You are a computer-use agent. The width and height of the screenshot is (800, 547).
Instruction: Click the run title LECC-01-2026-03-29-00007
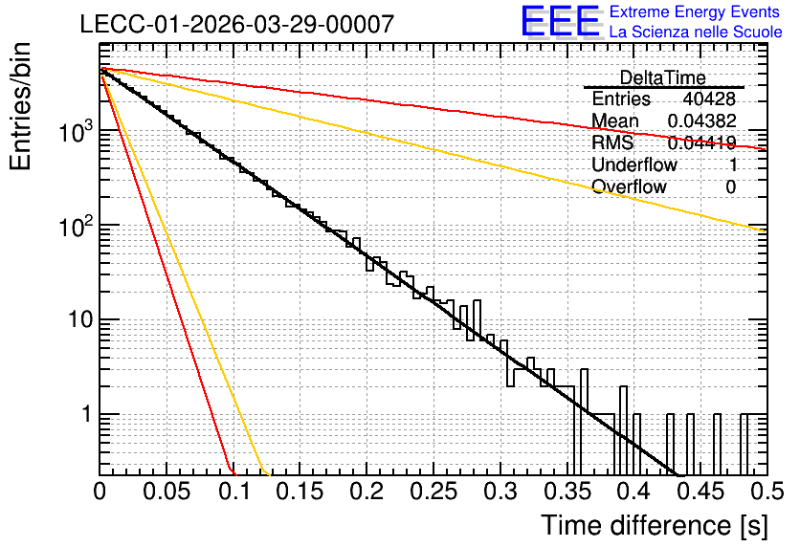click(237, 24)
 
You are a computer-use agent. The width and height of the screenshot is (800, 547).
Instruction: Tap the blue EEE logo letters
click(561, 21)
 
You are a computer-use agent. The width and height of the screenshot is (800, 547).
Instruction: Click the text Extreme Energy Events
click(695, 11)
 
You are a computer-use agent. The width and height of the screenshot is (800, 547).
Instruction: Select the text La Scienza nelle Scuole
click(696, 32)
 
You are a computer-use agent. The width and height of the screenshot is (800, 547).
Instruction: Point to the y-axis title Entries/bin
click(20, 106)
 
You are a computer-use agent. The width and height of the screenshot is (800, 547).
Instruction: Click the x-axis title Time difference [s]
click(655, 526)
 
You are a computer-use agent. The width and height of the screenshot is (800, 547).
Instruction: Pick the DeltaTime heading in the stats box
click(662, 77)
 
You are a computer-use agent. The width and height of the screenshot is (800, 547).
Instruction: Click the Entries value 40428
click(709, 98)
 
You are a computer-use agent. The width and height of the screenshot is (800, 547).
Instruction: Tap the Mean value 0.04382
click(702, 120)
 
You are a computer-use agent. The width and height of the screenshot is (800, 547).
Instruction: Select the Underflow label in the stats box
click(634, 164)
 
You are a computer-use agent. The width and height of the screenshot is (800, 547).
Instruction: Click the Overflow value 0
click(730, 187)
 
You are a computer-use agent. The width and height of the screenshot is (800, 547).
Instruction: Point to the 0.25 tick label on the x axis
click(433, 492)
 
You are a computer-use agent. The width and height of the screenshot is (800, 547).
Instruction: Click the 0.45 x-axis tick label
click(701, 492)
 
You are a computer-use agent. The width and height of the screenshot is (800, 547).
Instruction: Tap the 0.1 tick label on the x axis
click(235, 492)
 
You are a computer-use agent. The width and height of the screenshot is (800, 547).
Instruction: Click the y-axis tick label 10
click(80, 319)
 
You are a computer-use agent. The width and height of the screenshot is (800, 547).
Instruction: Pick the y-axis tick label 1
click(87, 414)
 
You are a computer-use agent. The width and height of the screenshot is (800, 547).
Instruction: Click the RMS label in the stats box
click(612, 142)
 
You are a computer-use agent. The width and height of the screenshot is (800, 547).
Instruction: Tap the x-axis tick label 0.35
click(567, 492)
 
